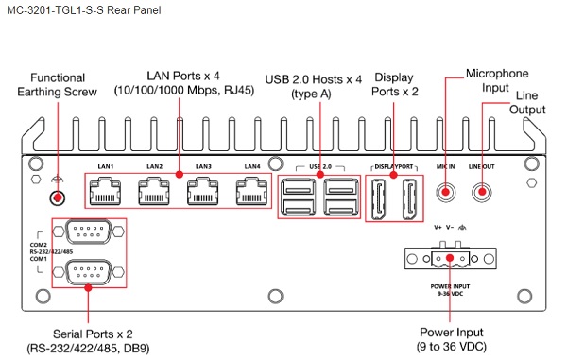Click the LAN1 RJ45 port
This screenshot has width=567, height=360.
(x=105, y=192)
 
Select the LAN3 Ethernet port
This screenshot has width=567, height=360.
(x=203, y=192)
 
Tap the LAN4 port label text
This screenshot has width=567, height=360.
(x=252, y=166)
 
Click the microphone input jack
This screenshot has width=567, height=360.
(x=445, y=192)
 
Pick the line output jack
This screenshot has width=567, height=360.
(x=482, y=192)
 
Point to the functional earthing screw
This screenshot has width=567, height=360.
(x=57, y=197)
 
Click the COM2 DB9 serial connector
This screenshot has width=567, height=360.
(x=88, y=231)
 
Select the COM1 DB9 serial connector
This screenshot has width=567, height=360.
(x=88, y=271)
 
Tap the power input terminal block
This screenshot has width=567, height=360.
(x=450, y=258)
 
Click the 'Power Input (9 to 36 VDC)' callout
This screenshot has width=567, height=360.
(x=452, y=339)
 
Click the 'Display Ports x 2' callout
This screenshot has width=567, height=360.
(x=394, y=84)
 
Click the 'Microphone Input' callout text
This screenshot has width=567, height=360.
(x=497, y=80)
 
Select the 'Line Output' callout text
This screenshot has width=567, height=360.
(x=527, y=103)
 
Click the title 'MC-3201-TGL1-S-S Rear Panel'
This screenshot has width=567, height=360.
(x=84, y=9)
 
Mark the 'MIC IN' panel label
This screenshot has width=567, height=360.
(x=445, y=166)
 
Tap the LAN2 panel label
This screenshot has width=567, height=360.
(x=154, y=166)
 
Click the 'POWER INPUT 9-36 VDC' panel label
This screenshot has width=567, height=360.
(x=450, y=290)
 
